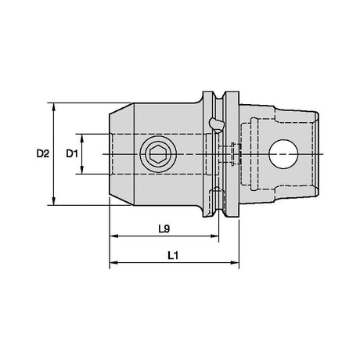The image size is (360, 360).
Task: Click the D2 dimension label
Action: click(x=42, y=153)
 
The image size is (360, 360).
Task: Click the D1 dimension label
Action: click(x=72, y=153)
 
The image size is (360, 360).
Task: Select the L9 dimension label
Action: click(x=164, y=229)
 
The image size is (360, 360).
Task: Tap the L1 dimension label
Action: click(x=173, y=255)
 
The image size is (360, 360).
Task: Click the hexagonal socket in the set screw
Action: click(x=158, y=154)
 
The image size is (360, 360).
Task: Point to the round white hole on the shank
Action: click(x=283, y=154)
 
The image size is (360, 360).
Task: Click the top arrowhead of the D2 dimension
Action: click(x=54, y=107)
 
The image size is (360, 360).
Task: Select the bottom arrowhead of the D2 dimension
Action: click(x=54, y=201)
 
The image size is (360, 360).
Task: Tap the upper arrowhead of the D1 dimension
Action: click(x=82, y=139)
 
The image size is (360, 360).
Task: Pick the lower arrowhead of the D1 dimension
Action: click(x=82, y=170)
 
